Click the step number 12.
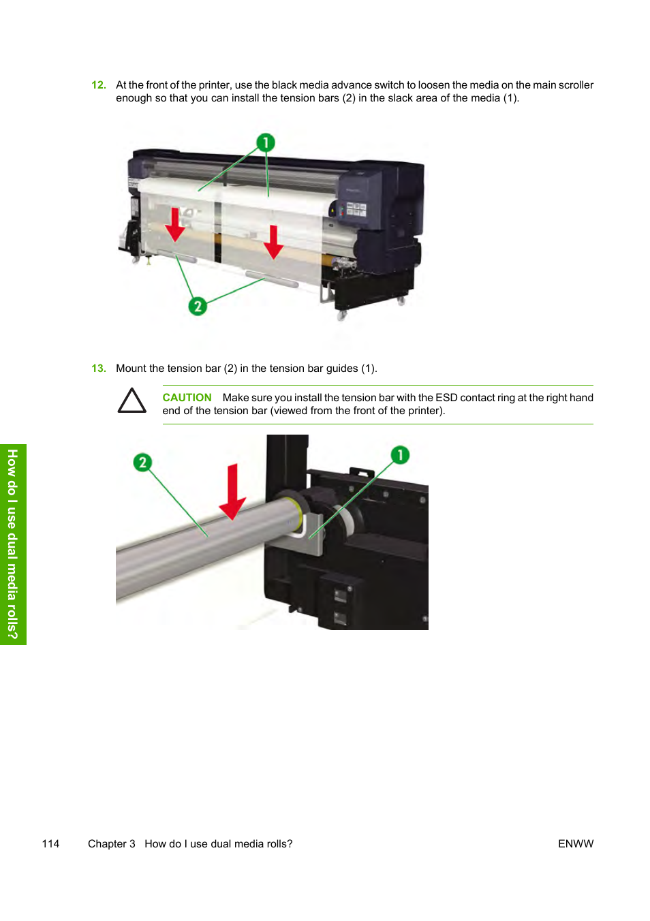click(x=98, y=85)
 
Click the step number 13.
click(x=98, y=369)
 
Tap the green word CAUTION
click(x=187, y=398)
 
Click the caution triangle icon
click(x=131, y=401)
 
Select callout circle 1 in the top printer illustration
click(x=266, y=142)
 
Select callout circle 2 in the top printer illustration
click(x=198, y=306)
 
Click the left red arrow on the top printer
click(x=175, y=225)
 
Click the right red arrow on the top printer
click(x=273, y=242)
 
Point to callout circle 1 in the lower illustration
click(x=400, y=454)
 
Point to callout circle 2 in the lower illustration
click(x=142, y=463)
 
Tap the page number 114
click(x=50, y=844)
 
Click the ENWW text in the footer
click(x=576, y=844)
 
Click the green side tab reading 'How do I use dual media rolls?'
click(x=13, y=544)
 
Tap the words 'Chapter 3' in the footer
click(x=111, y=844)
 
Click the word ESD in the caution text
click(x=446, y=398)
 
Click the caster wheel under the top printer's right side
click(x=341, y=315)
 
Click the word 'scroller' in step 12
click(x=576, y=85)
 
